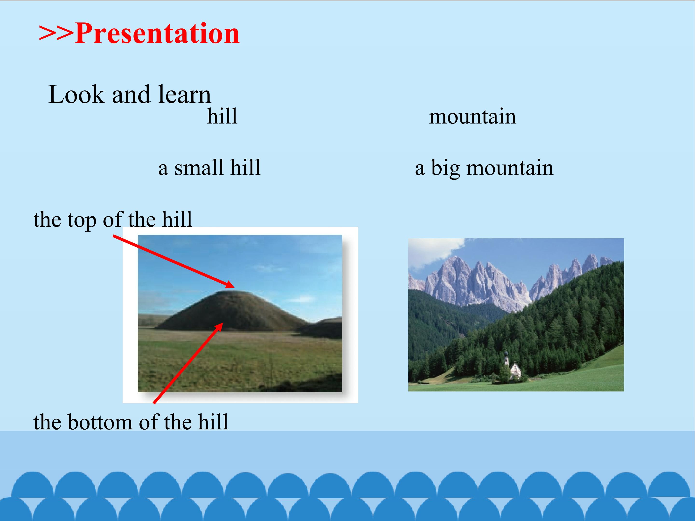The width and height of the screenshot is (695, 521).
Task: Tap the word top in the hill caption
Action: [x=82, y=220]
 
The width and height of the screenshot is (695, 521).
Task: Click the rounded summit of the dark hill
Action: [x=226, y=292]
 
